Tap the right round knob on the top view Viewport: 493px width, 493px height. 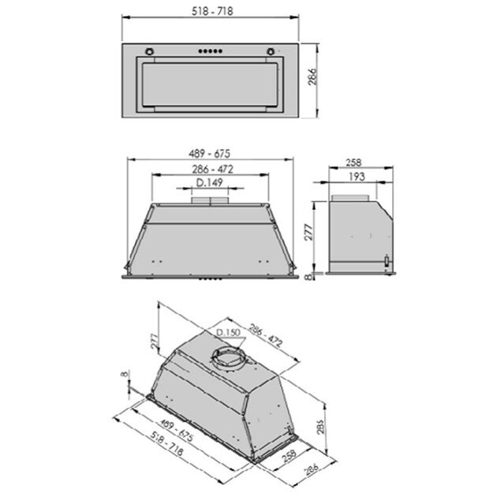point(272,53)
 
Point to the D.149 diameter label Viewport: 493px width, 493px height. point(209,182)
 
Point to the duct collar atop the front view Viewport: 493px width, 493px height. point(210,202)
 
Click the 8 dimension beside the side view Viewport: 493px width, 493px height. point(310,276)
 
